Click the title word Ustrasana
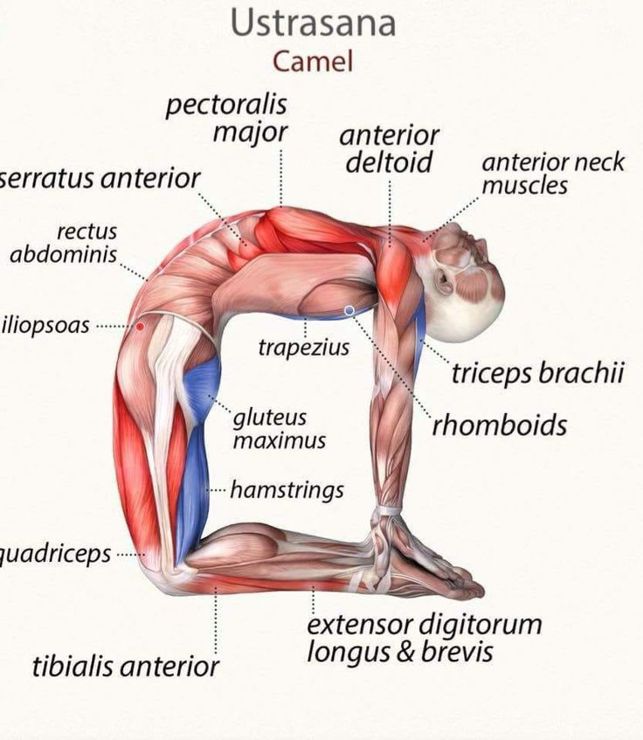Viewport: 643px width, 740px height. [x=314, y=23]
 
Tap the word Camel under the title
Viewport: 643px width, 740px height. [x=313, y=61]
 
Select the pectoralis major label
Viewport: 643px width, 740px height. [x=226, y=119]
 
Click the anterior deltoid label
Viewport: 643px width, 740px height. [x=389, y=149]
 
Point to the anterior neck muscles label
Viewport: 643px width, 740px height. [x=553, y=174]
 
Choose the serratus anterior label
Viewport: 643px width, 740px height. [x=100, y=178]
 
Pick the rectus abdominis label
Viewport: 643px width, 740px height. [x=64, y=244]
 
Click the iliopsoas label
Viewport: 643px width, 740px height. [x=45, y=325]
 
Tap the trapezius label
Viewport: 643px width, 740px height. [x=304, y=348]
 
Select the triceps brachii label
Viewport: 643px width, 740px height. [x=538, y=372]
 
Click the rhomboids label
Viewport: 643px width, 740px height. [x=499, y=425]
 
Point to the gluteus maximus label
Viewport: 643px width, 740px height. [x=280, y=429]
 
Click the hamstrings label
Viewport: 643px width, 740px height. [x=287, y=490]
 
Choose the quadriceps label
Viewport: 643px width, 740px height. [x=55, y=554]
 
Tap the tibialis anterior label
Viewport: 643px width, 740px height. [x=126, y=667]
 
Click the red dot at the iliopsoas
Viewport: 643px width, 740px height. [x=140, y=326]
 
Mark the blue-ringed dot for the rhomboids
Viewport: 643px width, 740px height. [x=349, y=310]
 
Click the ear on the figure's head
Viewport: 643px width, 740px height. [x=443, y=280]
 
